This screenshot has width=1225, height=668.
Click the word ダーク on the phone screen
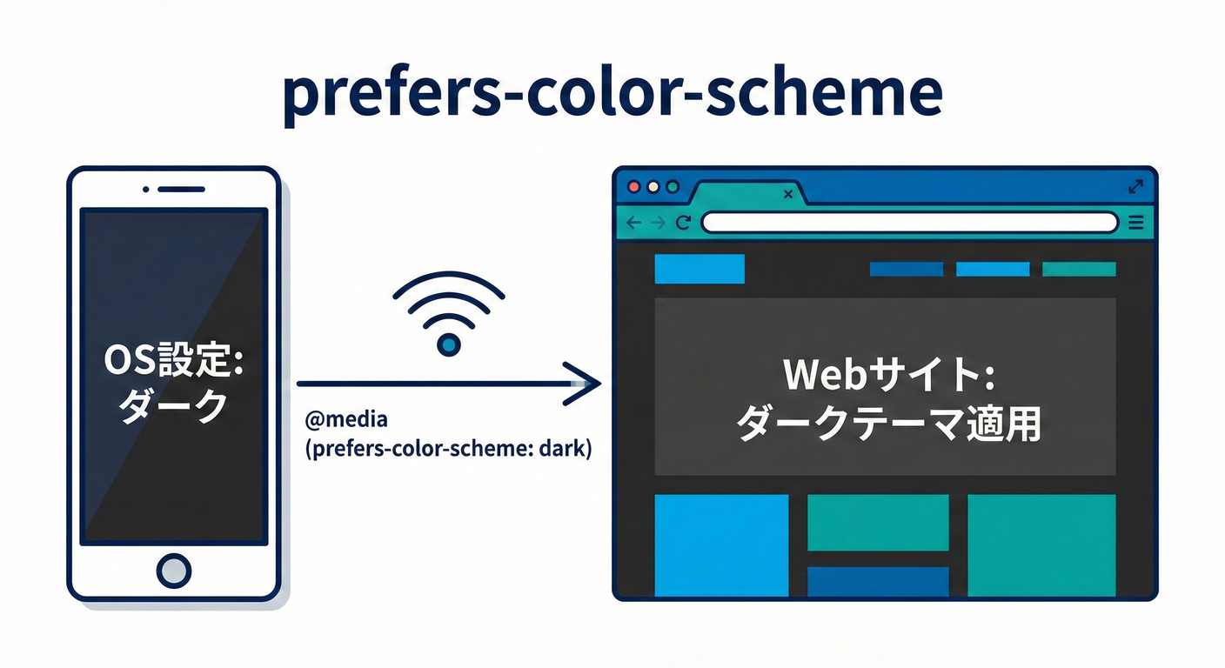point(173,407)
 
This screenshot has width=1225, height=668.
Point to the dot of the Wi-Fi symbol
point(448,345)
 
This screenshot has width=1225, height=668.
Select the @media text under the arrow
point(346,421)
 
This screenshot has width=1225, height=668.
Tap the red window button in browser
point(633,186)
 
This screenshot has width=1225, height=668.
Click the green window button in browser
point(672,186)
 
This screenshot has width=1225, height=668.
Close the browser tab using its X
point(788,194)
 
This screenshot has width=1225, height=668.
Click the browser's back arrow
point(633,223)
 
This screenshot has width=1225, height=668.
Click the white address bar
point(908,223)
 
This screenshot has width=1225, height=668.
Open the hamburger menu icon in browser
point(1135,223)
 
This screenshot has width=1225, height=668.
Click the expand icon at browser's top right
point(1135,186)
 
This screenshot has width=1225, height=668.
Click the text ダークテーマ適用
point(887,426)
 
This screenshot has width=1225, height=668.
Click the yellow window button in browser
point(653,186)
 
